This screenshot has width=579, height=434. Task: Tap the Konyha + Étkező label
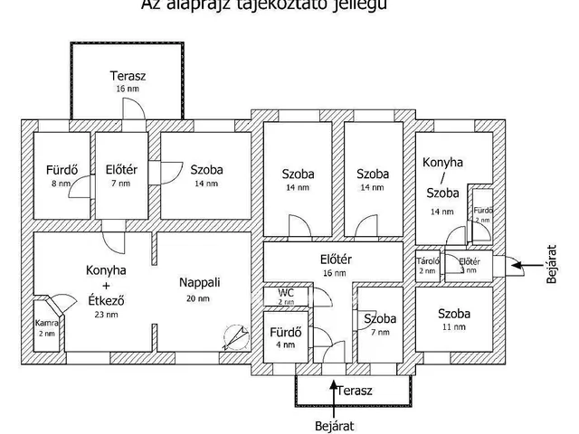click(x=106, y=286)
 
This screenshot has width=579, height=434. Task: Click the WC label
click(x=286, y=293)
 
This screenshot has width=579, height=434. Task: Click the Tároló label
click(x=427, y=261)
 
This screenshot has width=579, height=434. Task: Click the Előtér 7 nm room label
click(x=120, y=169)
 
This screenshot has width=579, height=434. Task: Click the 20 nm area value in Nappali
click(x=198, y=298)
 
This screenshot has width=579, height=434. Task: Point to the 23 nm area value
click(x=106, y=315)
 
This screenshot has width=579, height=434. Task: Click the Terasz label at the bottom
click(x=355, y=390)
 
